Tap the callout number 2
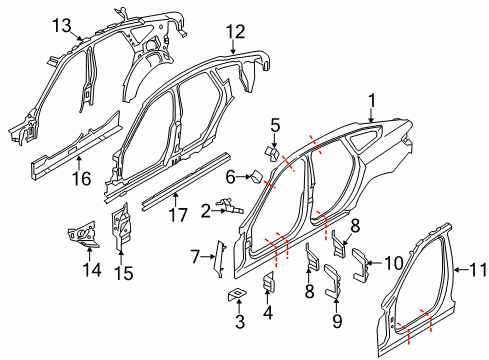(206, 210)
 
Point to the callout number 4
(267, 312)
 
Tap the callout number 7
(195, 257)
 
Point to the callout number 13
(63, 24)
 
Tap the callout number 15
(124, 271)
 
